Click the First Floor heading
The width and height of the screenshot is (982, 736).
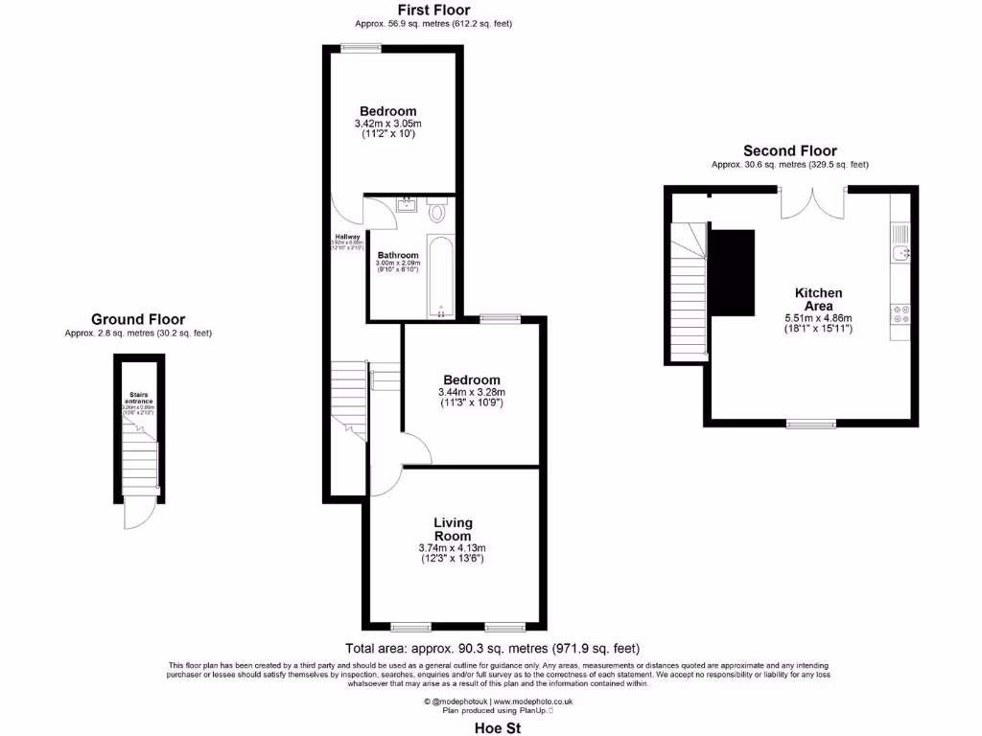tap(433, 11)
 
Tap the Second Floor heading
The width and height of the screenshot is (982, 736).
tap(789, 150)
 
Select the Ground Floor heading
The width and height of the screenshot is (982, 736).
tap(138, 319)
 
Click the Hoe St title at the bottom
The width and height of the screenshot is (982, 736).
tap(499, 727)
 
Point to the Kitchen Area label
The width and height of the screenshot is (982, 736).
tap(819, 299)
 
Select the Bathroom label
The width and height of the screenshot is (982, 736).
tap(398, 255)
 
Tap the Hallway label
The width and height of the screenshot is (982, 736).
tap(347, 237)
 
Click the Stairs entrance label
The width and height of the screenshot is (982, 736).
tap(138, 397)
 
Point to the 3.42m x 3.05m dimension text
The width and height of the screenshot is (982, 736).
tap(388, 124)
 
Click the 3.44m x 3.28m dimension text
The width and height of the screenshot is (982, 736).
tap(470, 392)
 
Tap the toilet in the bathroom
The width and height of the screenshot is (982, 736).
tap(438, 211)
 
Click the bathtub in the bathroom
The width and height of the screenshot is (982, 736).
tap(441, 276)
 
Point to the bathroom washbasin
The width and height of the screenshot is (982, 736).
tap(407, 202)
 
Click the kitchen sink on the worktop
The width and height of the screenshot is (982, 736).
tap(900, 252)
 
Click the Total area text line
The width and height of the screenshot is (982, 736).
tap(492, 649)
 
